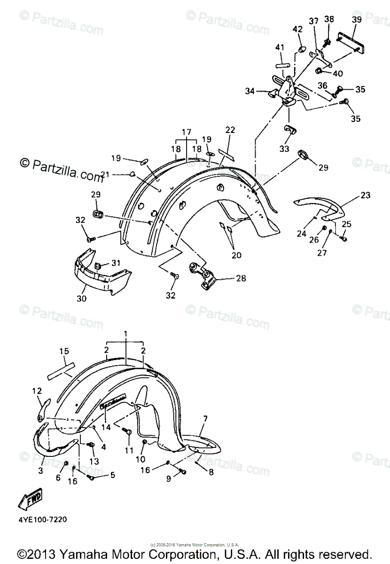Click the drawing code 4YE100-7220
tap(44, 520)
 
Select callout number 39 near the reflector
tap(357, 20)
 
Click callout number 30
tap(80, 298)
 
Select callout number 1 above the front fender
tap(125, 333)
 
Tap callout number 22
tap(229, 130)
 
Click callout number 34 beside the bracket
tap(250, 92)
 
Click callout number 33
tap(285, 149)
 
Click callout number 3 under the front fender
tap(41, 470)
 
